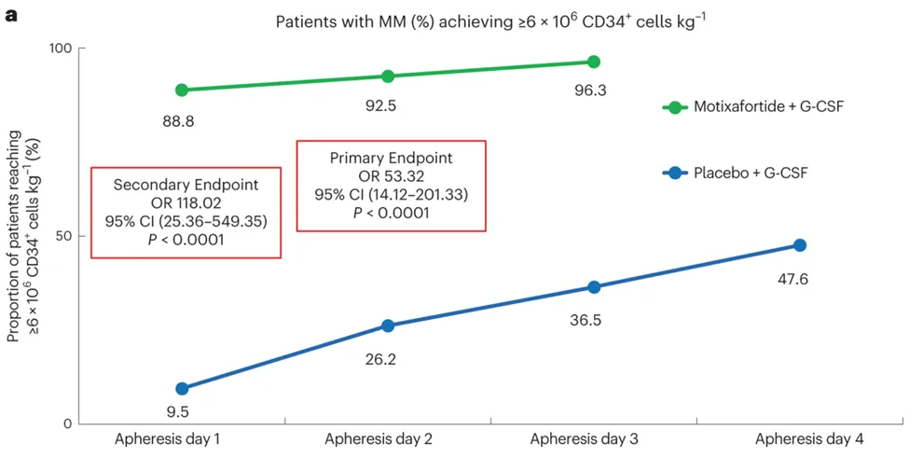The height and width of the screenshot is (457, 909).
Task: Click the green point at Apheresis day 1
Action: pyautogui.click(x=182, y=90)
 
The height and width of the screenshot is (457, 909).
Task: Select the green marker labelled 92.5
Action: pyautogui.click(x=387, y=76)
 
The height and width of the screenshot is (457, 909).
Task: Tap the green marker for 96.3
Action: pyautogui.click(x=594, y=62)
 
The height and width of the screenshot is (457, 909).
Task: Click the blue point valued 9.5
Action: pyautogui.click(x=182, y=388)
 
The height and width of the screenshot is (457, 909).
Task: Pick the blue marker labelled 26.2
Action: pyautogui.click(x=387, y=325)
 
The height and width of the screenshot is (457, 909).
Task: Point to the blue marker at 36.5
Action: pyautogui.click(x=594, y=287)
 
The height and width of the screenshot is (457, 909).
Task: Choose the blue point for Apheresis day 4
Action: pyautogui.click(x=799, y=245)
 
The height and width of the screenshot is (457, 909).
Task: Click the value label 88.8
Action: pyautogui.click(x=177, y=121)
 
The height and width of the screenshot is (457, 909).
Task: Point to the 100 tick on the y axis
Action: pyautogui.click(x=62, y=48)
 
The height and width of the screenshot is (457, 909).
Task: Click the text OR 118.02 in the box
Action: pyautogui.click(x=186, y=203)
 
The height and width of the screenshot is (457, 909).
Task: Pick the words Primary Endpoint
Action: pyautogui.click(x=391, y=158)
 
